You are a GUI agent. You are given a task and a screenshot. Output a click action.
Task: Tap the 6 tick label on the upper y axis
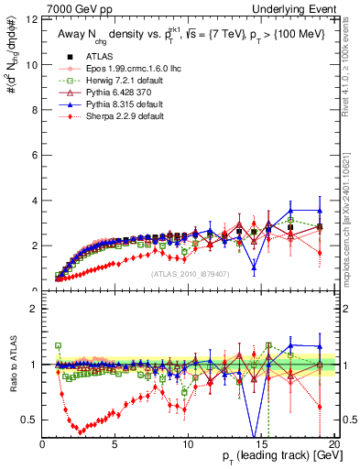click(33, 156)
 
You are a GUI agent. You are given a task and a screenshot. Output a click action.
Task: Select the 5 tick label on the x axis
click(115, 443)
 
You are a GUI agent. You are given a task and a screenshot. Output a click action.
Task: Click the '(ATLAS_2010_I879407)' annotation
click(188, 273)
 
